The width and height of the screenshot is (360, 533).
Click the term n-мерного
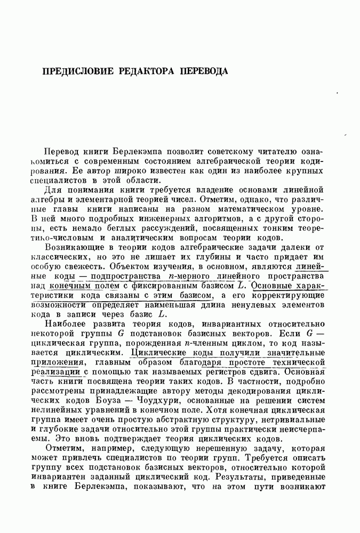(x=188, y=277)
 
